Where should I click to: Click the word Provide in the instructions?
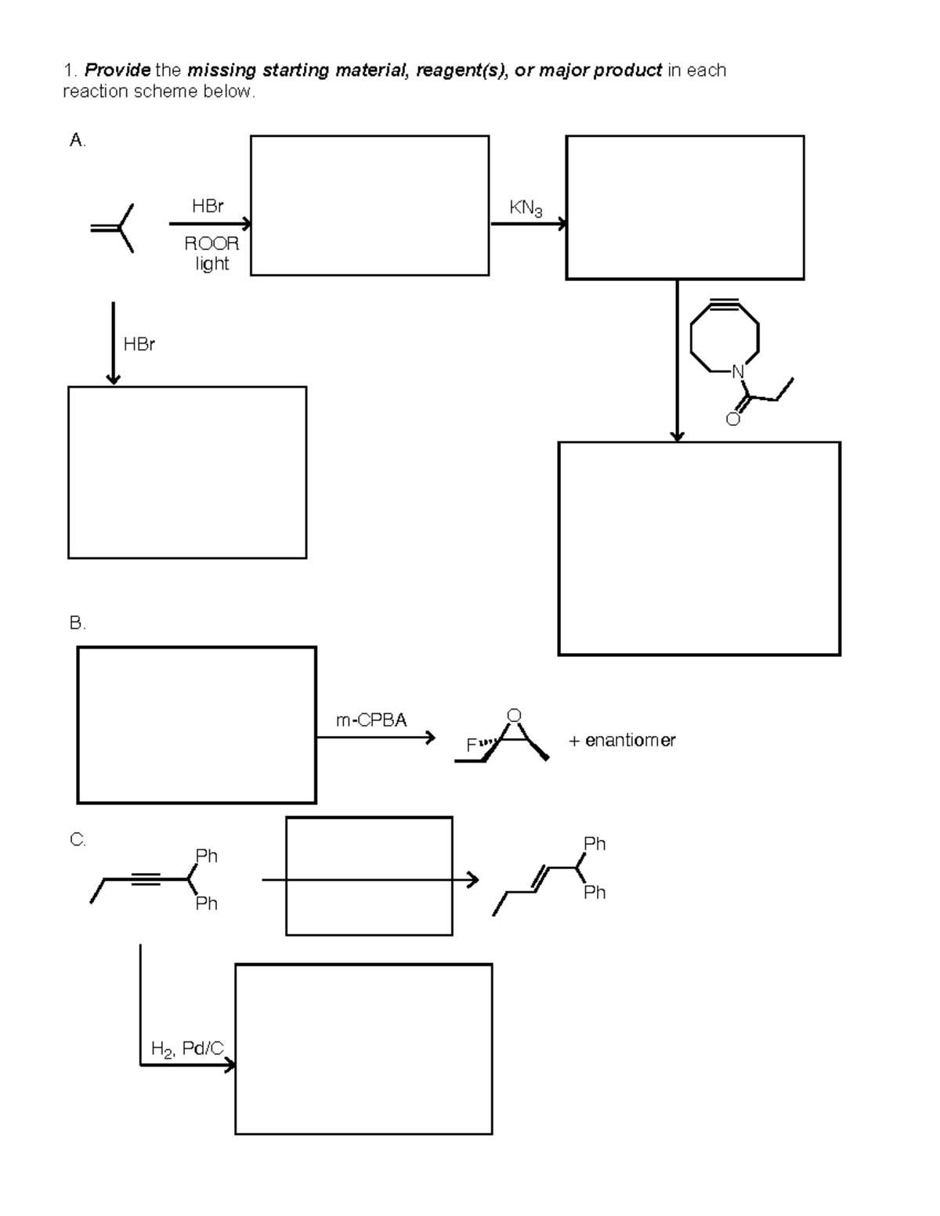tap(117, 70)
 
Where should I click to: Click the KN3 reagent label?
tap(526, 208)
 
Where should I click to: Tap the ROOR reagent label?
tap(211, 244)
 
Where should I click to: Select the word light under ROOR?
tap(211, 264)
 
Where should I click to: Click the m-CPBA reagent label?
tap(371, 720)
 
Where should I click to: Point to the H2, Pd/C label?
tap(187, 1049)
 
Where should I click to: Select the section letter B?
tap(77, 623)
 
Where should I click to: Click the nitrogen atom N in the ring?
tap(737, 372)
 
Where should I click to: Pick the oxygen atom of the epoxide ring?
tap(514, 715)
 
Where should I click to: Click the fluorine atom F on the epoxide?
tap(471, 745)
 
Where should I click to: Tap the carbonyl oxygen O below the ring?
tap(732, 419)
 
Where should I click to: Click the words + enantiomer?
tap(622, 741)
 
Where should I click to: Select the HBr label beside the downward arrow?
tap(139, 344)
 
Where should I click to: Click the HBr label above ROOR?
tap(208, 206)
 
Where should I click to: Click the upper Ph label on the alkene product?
tap(595, 844)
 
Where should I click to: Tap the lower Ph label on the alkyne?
tap(206, 904)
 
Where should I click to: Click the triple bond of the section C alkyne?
tap(146, 880)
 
